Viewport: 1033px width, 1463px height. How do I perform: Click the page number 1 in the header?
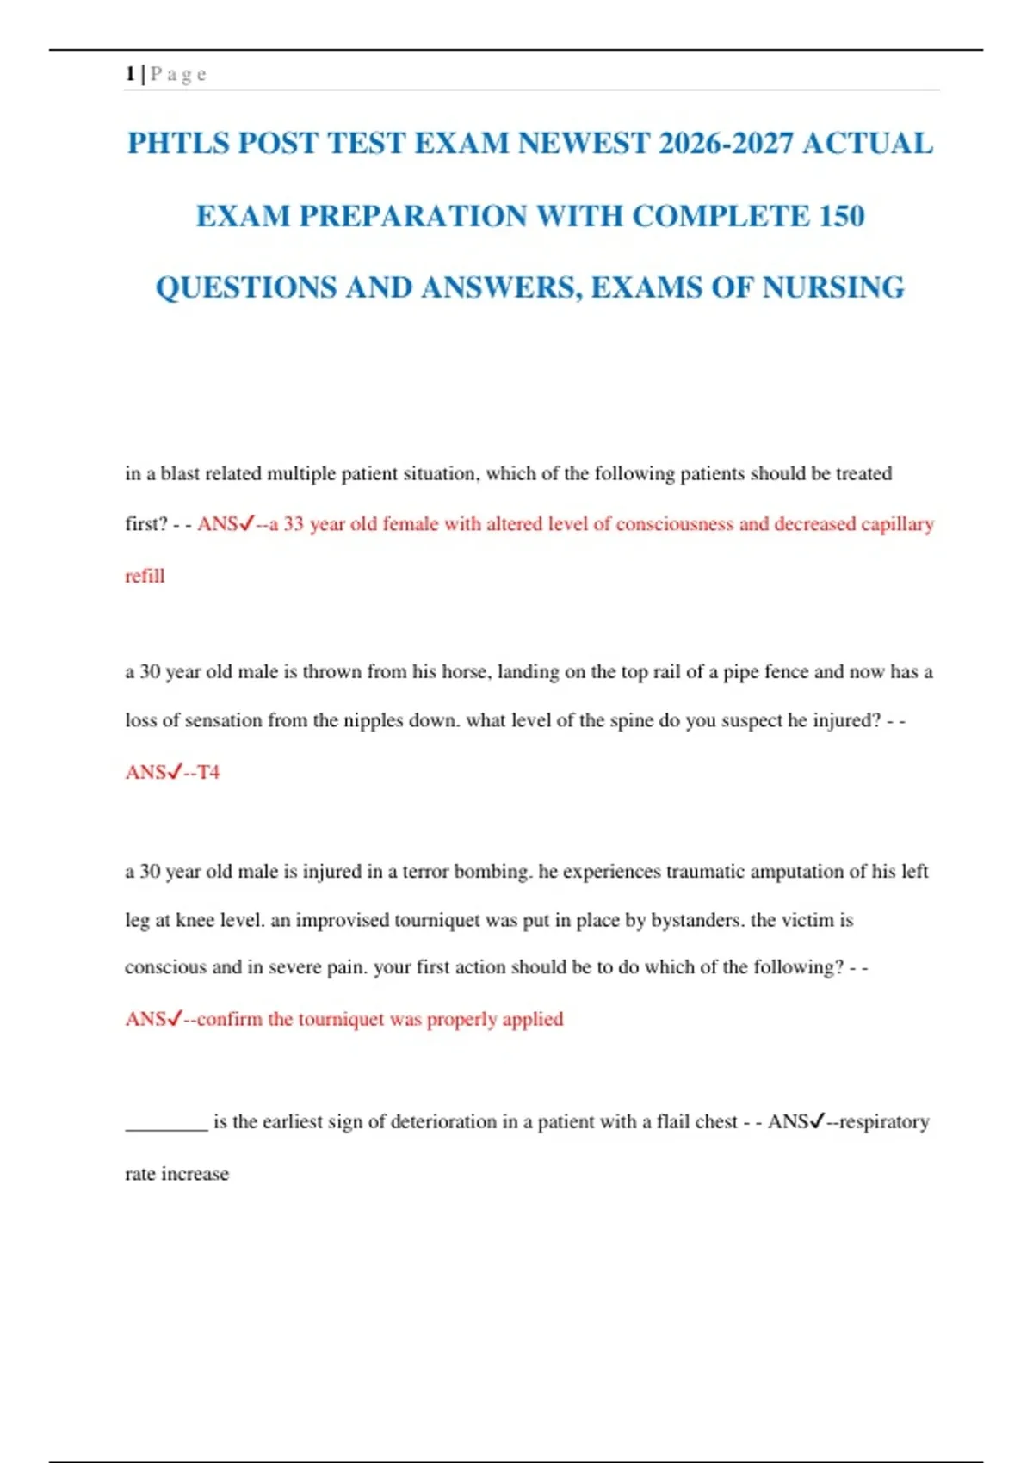tap(130, 74)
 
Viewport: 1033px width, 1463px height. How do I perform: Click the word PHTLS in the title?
tap(177, 143)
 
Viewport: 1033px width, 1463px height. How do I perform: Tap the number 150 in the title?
tap(841, 215)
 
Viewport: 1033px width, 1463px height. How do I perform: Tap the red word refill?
tap(145, 576)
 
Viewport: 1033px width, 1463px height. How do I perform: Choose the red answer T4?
tap(208, 772)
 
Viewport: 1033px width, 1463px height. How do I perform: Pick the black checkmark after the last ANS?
tap(817, 1120)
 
